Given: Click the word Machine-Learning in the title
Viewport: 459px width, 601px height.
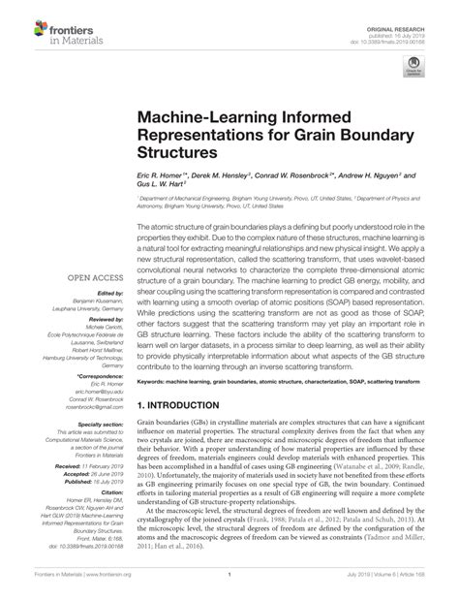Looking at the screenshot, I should click(205, 116).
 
